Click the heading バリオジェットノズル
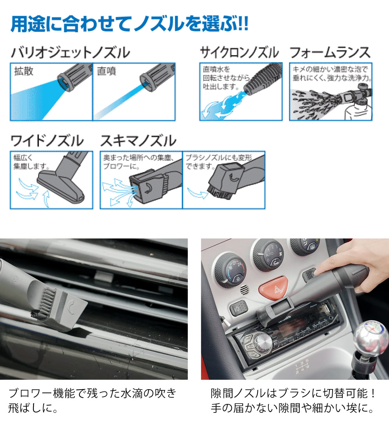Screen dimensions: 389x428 (70, 53)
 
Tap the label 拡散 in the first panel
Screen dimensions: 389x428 (24, 71)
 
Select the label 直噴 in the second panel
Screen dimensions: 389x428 (106, 71)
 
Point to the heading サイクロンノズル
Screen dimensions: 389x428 (240, 52)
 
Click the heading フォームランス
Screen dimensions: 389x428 (330, 52)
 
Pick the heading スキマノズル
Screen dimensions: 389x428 (138, 141)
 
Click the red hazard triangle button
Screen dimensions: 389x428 (273, 288)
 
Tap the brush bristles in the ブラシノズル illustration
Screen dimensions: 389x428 (218, 191)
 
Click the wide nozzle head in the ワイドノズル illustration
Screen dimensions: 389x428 (61, 187)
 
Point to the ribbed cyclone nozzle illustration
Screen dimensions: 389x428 (263, 79)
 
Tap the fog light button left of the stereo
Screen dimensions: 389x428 (239, 308)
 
